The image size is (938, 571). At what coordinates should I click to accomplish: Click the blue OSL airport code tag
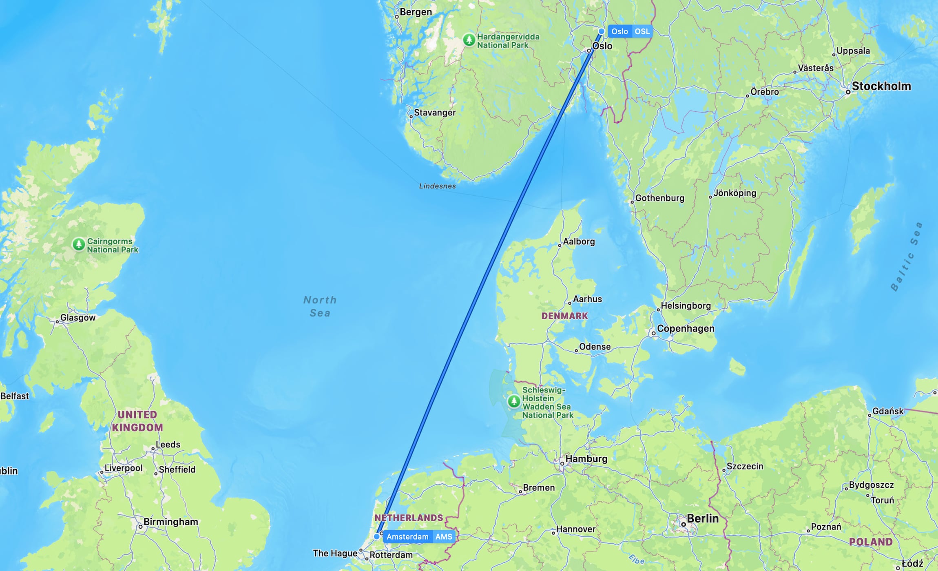[x=642, y=31]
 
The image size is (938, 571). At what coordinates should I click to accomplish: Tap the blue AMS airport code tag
[x=444, y=537]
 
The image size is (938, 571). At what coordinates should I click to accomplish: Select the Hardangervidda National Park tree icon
[x=469, y=40]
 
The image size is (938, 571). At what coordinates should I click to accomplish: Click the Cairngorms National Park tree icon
[x=79, y=244]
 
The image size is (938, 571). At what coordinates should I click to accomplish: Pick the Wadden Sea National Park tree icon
[x=514, y=401]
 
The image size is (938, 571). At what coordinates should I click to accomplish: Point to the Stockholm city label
[x=881, y=86]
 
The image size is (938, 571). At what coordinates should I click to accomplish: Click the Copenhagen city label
[x=686, y=328]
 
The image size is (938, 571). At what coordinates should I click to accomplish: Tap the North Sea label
[x=320, y=306]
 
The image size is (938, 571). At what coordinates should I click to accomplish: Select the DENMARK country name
[x=564, y=316]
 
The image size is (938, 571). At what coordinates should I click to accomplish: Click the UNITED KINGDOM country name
[x=137, y=421]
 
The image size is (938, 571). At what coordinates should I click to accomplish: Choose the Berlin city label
[x=702, y=518]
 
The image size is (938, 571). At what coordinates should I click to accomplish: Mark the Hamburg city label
[x=586, y=459]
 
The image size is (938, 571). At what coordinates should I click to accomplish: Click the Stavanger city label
[x=434, y=113]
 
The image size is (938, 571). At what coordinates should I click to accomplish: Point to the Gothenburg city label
[x=659, y=198]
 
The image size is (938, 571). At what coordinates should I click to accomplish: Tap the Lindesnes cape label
[x=437, y=186]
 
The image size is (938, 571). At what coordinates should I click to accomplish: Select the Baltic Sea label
[x=906, y=257]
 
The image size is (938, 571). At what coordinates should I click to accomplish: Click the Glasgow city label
[x=77, y=317]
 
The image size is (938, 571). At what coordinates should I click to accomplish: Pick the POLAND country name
[x=871, y=542]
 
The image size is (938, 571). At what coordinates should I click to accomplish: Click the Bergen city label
[x=416, y=12]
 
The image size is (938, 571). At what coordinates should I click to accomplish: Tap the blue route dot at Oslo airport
[x=601, y=31]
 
